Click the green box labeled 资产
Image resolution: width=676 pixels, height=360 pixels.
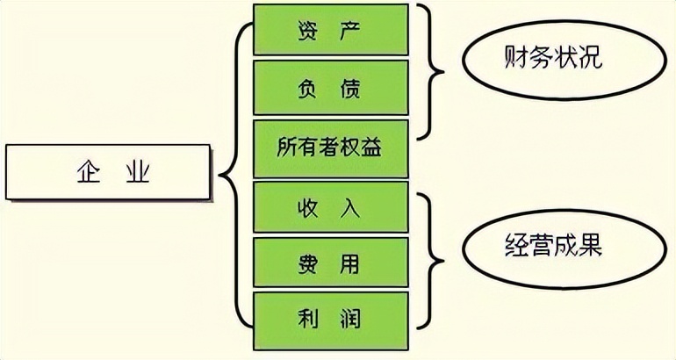[330, 29]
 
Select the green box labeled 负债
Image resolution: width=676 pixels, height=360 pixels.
[330, 88]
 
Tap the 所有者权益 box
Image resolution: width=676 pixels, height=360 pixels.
[330, 147]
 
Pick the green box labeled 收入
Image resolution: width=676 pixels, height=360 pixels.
[330, 207]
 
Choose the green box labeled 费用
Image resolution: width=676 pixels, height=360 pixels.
[330, 264]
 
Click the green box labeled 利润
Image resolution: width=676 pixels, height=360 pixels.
[330, 320]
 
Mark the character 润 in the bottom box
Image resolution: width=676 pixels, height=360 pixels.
[357, 320]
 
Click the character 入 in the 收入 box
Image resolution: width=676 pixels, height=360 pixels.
[356, 207]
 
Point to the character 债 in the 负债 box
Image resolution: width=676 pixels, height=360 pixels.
[356, 88]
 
